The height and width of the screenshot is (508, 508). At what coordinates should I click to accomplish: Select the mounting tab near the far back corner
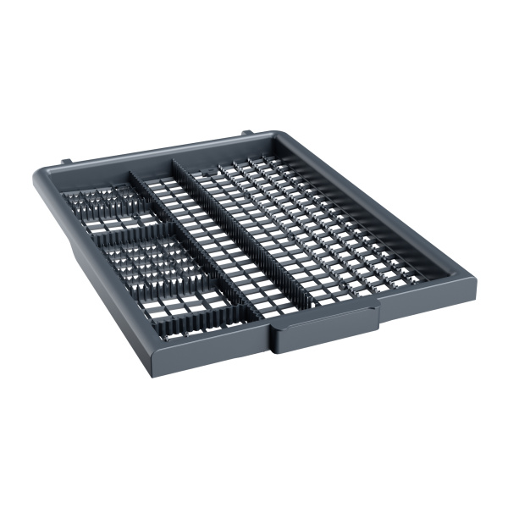(x=246, y=134)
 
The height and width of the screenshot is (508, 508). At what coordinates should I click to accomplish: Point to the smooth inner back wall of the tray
(x=169, y=161)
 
